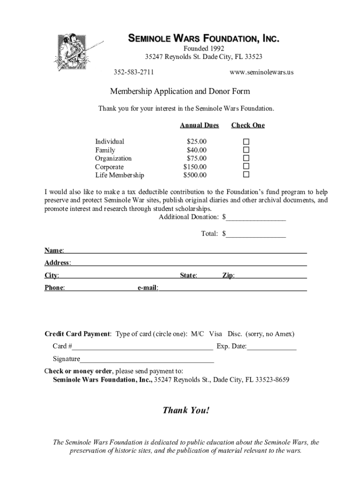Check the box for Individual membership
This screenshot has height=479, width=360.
[246, 142]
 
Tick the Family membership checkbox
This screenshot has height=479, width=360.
[246, 150]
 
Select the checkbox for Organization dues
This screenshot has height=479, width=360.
[246, 159]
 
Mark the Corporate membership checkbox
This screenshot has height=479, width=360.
[246, 167]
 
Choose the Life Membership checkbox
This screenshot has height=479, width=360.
[246, 175]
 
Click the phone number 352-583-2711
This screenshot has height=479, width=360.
[134, 72]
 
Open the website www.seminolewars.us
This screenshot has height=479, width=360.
[262, 72]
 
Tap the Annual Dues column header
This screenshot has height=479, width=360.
[199, 125]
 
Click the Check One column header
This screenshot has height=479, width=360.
[248, 125]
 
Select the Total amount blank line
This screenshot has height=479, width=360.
[256, 234]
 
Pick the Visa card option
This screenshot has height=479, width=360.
[216, 334]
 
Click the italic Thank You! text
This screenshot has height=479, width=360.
[186, 411]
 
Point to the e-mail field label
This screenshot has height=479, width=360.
[147, 288]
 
